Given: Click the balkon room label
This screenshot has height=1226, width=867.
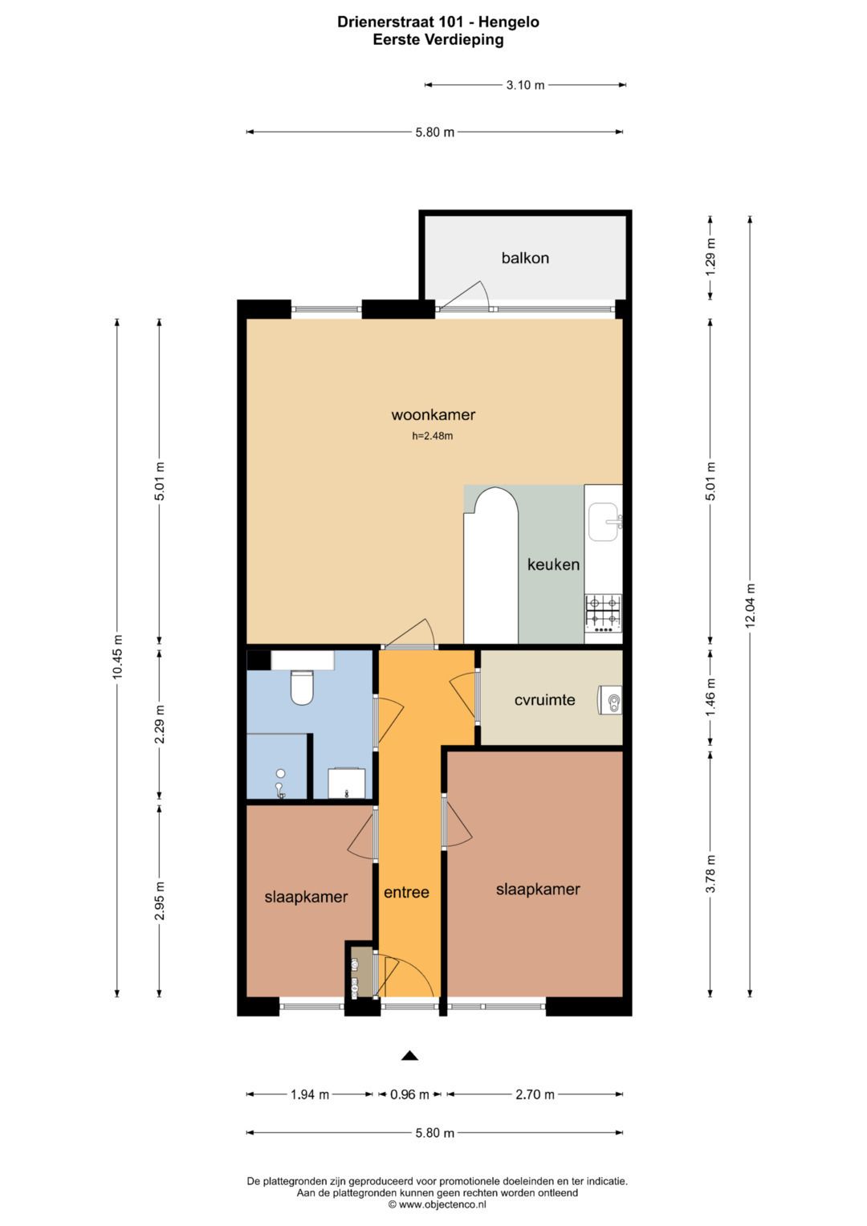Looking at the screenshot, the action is pyautogui.click(x=525, y=258).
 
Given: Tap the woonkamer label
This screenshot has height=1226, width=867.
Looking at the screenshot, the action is pyautogui.click(x=433, y=415).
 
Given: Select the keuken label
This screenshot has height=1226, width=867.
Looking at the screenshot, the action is pyautogui.click(x=553, y=564).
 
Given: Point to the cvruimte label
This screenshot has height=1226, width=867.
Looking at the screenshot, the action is pyautogui.click(x=544, y=699).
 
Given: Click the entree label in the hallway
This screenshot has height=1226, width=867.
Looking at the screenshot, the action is pyautogui.click(x=406, y=892).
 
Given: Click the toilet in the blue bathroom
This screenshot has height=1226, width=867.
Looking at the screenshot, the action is pyautogui.click(x=301, y=688).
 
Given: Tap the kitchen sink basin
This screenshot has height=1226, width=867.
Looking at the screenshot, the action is pyautogui.click(x=604, y=522).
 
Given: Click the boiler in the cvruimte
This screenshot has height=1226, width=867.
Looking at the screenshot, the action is pyautogui.click(x=610, y=700).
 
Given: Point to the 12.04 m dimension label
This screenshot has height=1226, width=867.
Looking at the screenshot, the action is pyautogui.click(x=750, y=605).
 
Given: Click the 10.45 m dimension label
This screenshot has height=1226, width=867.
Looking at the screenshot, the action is pyautogui.click(x=116, y=658).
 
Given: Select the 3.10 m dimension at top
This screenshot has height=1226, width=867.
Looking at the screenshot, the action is pyautogui.click(x=525, y=85).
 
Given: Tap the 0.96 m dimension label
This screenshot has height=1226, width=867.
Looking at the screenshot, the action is pyautogui.click(x=409, y=1094).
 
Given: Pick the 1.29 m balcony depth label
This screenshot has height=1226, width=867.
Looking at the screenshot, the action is pyautogui.click(x=710, y=257).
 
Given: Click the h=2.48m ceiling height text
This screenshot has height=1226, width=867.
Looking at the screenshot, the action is pyautogui.click(x=433, y=436).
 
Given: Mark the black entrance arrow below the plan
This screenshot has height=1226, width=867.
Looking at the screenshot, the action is pyautogui.click(x=409, y=1056).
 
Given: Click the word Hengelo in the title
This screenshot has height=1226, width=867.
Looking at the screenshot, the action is pyautogui.click(x=509, y=22).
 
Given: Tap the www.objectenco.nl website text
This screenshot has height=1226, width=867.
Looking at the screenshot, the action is pyautogui.click(x=438, y=1204).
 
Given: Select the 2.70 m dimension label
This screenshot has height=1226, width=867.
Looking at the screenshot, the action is pyautogui.click(x=535, y=1094).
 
